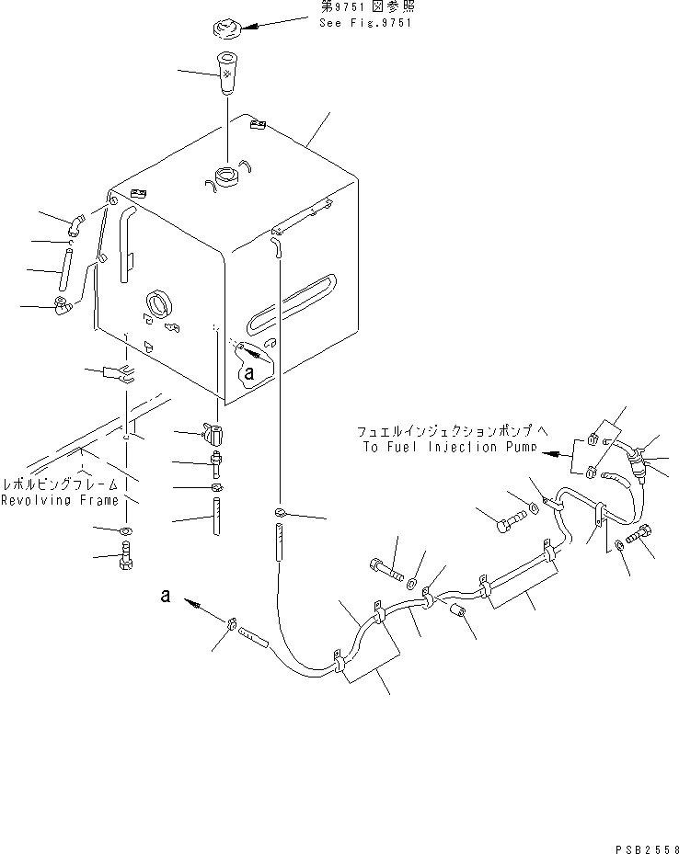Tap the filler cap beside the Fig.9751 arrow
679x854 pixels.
(228, 28)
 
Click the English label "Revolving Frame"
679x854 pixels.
(60, 500)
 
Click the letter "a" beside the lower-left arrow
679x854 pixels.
(165, 596)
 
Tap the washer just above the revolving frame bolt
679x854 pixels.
(125, 531)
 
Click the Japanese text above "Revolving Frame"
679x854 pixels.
(60, 484)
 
